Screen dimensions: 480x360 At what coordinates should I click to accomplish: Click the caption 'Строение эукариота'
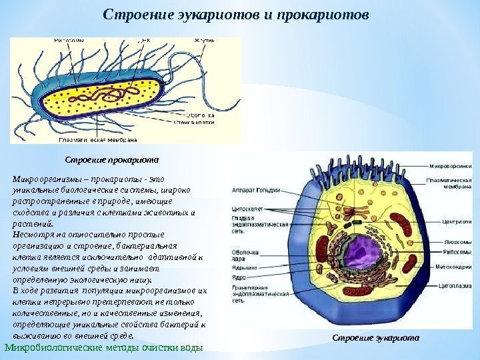pos(377,337)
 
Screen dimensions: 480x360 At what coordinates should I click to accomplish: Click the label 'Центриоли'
pos(449,217)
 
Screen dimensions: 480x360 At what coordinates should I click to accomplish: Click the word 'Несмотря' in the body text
pos(31,235)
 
